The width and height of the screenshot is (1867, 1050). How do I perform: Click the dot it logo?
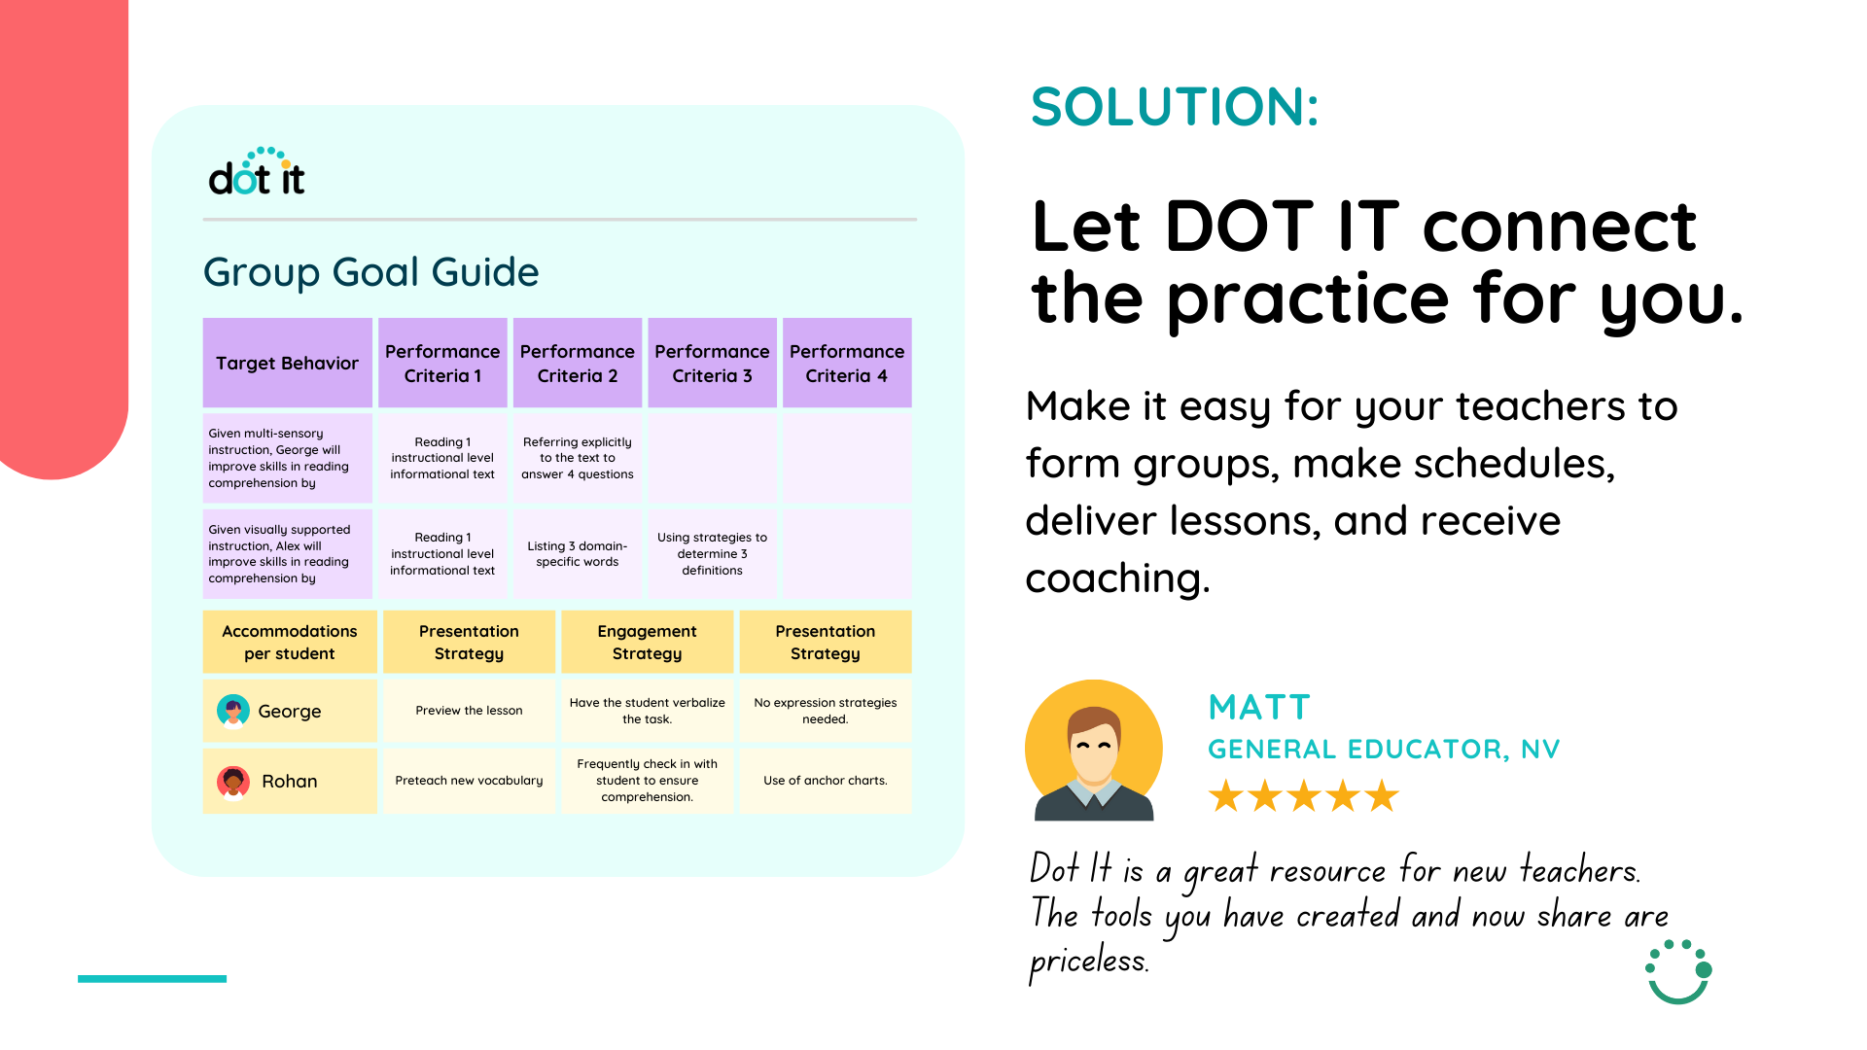pos(257,172)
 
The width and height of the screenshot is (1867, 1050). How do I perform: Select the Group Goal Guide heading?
pos(370,272)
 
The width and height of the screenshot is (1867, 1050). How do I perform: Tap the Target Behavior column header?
pos(287,363)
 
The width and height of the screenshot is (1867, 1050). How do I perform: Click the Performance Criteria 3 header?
pos(712,363)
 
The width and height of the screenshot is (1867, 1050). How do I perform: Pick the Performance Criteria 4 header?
pos(847,363)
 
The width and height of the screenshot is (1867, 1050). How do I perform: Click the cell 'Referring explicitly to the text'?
pos(578,458)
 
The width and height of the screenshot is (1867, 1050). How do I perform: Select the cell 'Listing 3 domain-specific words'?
pos(578,554)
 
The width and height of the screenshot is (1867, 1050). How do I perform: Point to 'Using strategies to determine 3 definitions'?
pos(712,554)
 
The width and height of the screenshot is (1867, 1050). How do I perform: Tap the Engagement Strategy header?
pos(647,642)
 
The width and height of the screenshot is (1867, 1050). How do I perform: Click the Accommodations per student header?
pos(290,642)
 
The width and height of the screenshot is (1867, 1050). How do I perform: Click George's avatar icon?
pos(233,711)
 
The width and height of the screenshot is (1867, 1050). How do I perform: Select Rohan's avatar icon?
pos(233,781)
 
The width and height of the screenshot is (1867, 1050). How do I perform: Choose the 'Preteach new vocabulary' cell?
pos(469,781)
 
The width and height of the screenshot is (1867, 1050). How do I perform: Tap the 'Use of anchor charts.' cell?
pos(826,781)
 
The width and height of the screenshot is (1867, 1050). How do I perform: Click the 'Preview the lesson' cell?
pos(469,711)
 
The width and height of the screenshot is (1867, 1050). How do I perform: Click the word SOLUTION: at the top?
pos(1175,107)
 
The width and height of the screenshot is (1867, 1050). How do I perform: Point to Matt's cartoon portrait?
pos(1094,750)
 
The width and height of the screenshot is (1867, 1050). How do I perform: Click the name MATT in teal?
pos(1259,707)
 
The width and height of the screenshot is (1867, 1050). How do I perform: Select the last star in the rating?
pos(1381,796)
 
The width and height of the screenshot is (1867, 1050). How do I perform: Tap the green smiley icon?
pos(1678,972)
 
